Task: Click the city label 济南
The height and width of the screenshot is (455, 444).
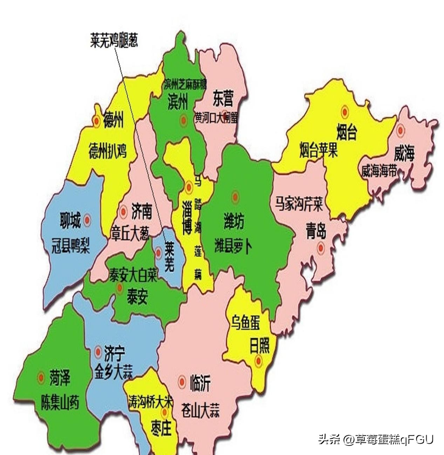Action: tap(142, 211)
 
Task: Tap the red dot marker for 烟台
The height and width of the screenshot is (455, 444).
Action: tap(345, 112)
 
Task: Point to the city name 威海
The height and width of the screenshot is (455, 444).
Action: tap(404, 153)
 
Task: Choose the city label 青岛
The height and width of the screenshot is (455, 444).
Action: tap(316, 231)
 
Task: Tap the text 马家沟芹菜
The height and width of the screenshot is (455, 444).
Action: tap(299, 203)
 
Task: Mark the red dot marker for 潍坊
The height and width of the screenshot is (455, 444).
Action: tap(234, 197)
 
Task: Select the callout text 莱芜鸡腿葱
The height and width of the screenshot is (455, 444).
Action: tap(114, 41)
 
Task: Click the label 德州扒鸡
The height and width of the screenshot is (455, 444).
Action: tap(107, 151)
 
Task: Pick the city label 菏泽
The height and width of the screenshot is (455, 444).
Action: tap(60, 378)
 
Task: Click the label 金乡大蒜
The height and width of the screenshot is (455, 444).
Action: tap(114, 372)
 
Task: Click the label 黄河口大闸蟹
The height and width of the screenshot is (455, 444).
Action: tap(216, 118)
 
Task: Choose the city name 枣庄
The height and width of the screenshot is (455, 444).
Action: tap(161, 428)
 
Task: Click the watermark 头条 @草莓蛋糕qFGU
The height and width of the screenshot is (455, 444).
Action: tap(376, 439)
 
